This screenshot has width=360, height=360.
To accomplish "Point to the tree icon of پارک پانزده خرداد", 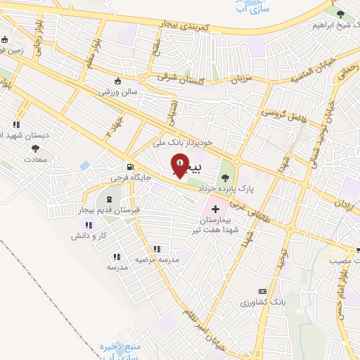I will click(225, 167).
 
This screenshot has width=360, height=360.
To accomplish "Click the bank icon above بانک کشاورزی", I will click(263, 291).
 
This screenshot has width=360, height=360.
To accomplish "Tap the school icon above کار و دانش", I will click(89, 224).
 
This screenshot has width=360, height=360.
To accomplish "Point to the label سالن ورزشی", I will click(117, 91).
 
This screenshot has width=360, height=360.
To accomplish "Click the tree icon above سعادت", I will click(35, 149).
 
